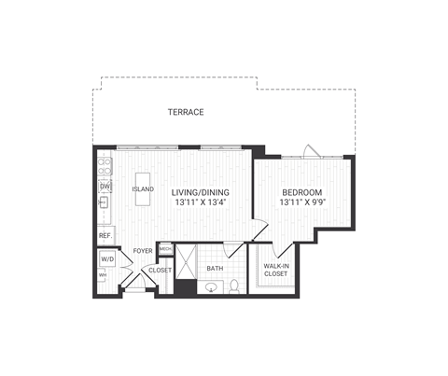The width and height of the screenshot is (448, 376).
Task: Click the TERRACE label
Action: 186,112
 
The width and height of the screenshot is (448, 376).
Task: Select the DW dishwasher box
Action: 105,186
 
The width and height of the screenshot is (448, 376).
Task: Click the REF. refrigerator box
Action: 105,235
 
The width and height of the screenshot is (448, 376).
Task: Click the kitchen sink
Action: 105,202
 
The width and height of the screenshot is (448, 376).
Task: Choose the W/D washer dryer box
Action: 106,259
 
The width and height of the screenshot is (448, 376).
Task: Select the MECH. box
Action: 165,249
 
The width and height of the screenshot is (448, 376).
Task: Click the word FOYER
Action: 142,251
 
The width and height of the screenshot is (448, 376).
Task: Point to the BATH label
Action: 215,269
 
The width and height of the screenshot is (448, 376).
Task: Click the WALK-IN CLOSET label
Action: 275,270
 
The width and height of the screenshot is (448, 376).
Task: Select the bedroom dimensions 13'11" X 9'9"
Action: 302,202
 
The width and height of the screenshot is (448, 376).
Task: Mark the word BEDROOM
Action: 302,191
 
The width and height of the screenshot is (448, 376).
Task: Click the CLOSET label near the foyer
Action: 161,270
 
